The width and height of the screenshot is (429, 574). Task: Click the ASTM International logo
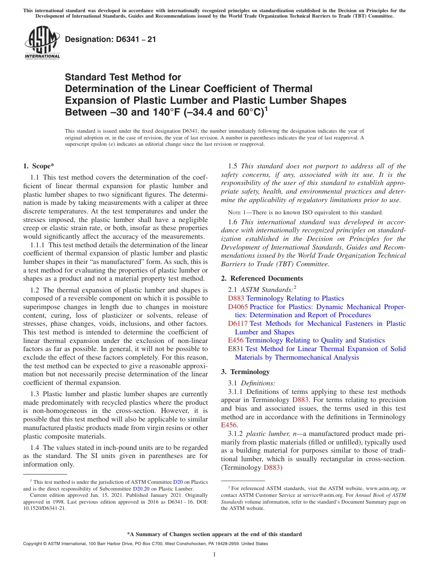(x=42, y=42)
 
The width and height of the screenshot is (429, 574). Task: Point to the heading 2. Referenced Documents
(x=262, y=278)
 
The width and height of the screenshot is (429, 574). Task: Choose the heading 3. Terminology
(x=245, y=372)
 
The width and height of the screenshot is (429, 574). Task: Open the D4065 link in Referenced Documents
(x=238, y=307)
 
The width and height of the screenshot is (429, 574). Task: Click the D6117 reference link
(x=238, y=324)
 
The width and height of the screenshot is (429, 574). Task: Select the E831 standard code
(x=236, y=349)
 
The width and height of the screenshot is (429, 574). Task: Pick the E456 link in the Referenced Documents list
(x=235, y=340)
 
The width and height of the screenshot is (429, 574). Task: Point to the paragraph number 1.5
(x=233, y=166)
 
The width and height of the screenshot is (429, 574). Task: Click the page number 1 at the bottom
(x=214, y=555)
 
